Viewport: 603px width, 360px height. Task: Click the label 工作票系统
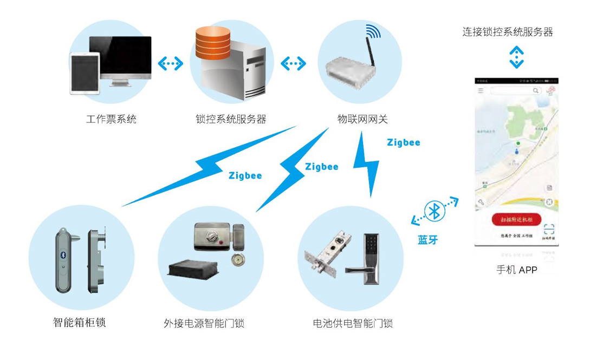pyautogui.click(x=111, y=119)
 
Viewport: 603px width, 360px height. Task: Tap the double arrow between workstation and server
pyautogui.click(x=170, y=64)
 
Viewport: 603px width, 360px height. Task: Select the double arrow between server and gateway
pyautogui.click(x=293, y=64)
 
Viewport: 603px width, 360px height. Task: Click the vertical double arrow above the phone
pyautogui.click(x=516, y=57)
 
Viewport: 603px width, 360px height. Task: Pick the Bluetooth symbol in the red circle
pyautogui.click(x=435, y=211)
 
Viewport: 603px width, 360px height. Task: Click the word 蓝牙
pyautogui.click(x=427, y=240)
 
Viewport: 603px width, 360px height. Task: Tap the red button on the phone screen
pyautogui.click(x=516, y=219)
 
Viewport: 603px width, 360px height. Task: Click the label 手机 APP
pyautogui.click(x=516, y=270)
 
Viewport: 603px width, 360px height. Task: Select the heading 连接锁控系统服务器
pyautogui.click(x=508, y=32)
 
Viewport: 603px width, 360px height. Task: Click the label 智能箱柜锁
pyautogui.click(x=79, y=323)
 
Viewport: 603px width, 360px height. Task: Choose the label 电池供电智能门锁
pyautogui.click(x=353, y=324)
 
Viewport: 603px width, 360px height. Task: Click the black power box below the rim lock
pyautogui.click(x=193, y=267)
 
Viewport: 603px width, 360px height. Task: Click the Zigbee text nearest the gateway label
pyautogui.click(x=404, y=143)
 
